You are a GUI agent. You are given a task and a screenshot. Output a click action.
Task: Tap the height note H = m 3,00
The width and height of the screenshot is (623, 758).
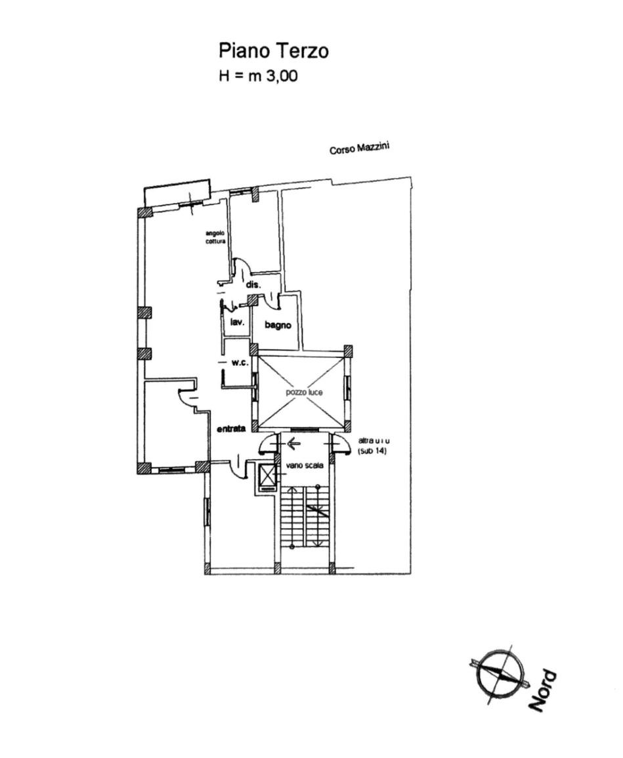click(258, 76)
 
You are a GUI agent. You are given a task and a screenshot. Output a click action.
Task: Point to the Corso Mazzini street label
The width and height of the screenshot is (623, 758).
click(359, 148)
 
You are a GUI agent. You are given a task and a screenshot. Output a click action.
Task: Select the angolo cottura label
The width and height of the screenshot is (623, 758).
click(215, 237)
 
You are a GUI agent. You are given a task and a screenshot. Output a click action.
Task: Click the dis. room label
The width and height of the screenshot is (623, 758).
click(253, 285)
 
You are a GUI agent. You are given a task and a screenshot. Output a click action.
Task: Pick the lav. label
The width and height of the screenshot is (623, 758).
click(237, 323)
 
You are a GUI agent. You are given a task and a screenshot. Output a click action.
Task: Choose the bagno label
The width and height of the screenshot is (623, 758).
click(278, 325)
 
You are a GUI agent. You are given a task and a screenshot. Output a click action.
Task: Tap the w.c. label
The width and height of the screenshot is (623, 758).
click(239, 362)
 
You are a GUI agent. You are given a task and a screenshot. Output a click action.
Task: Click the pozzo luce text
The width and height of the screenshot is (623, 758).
click(304, 391)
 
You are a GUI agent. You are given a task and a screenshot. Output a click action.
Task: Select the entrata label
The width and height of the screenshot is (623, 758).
click(231, 429)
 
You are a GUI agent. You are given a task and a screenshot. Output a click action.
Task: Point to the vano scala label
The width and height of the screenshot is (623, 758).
click(305, 466)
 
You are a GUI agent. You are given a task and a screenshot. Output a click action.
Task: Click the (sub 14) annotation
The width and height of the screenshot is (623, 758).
click(373, 453)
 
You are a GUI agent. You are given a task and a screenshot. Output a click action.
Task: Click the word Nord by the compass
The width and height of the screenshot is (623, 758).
click(542, 690)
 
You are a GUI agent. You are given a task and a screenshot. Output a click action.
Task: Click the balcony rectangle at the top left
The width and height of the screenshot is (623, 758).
click(177, 192)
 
